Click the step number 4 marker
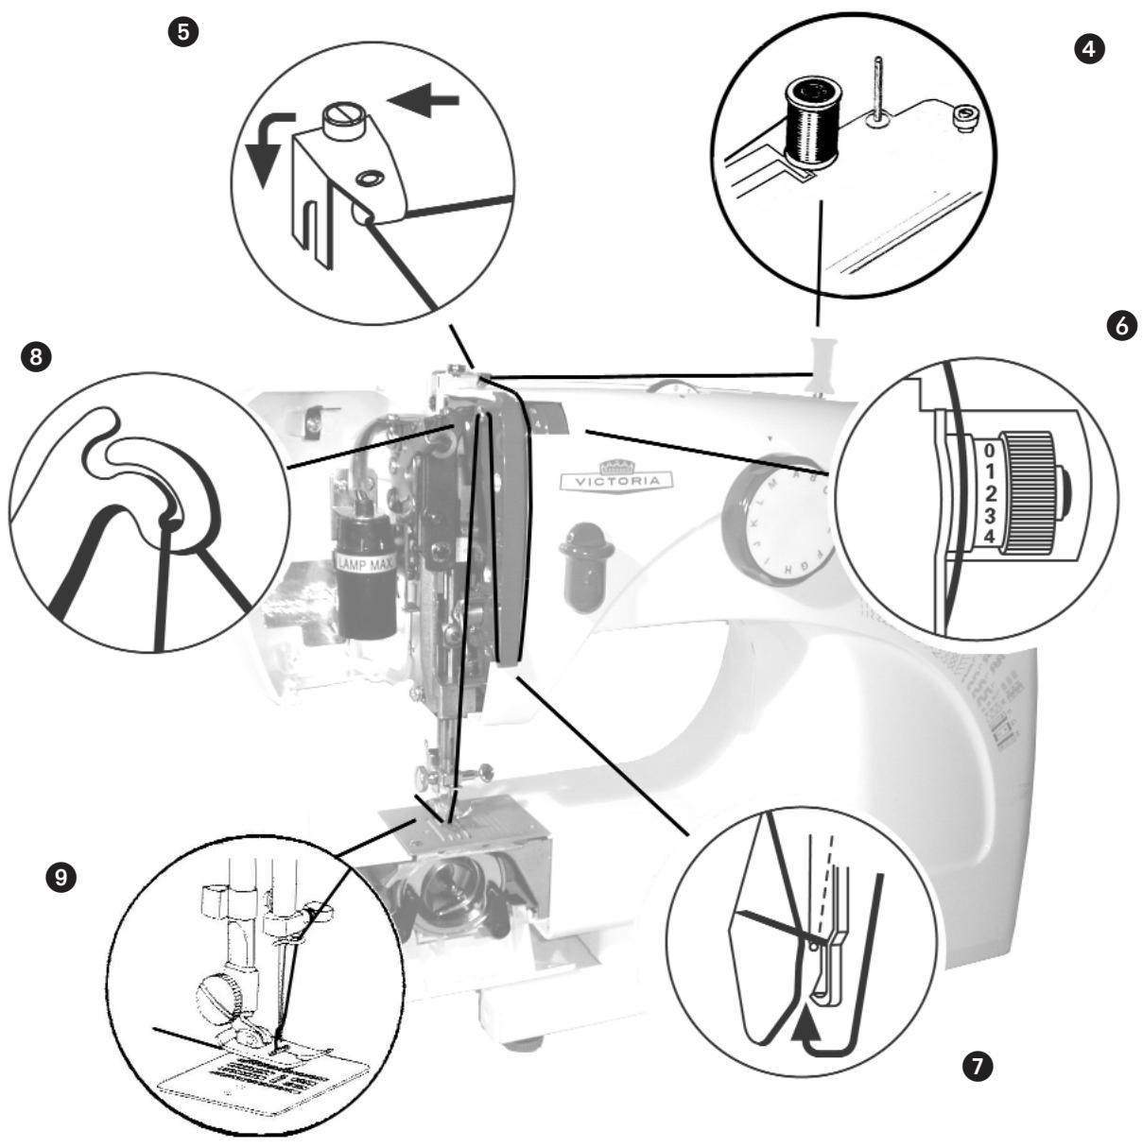pos(1090,50)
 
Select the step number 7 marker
pos(976,1066)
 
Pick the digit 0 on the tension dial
pos(985,451)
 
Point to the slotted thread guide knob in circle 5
pos(339,121)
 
